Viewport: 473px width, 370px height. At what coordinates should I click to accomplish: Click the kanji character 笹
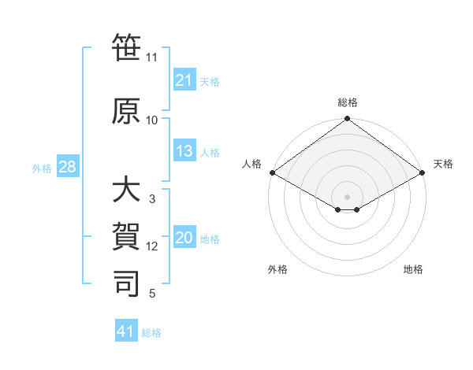pos(126,49)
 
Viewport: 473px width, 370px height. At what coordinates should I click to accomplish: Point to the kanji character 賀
pos(126,236)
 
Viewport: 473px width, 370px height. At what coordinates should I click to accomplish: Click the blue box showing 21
pos(184,80)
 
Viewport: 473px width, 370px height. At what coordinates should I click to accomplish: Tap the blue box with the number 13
pos(184,152)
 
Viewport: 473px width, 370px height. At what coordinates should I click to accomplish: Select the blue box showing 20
pos(184,239)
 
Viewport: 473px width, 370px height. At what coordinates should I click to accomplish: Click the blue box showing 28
pos(67,168)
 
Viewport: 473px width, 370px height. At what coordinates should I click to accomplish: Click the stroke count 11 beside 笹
pos(151,57)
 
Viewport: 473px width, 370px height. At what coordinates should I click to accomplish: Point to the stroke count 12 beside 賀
pos(152,246)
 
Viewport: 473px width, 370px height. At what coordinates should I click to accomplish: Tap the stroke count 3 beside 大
pos(152,199)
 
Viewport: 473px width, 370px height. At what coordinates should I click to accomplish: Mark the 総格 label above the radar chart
pos(347,102)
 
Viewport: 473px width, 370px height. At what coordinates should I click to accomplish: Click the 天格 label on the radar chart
pos(443,164)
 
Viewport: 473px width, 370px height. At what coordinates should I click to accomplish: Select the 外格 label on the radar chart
pos(277,269)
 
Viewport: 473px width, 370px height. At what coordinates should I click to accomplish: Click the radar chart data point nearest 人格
pos(271,172)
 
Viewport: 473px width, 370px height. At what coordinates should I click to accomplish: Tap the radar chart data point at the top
pos(347,120)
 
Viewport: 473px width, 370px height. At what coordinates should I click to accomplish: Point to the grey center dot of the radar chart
pos(347,195)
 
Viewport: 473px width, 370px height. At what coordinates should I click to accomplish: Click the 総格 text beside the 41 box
pos(151,333)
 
